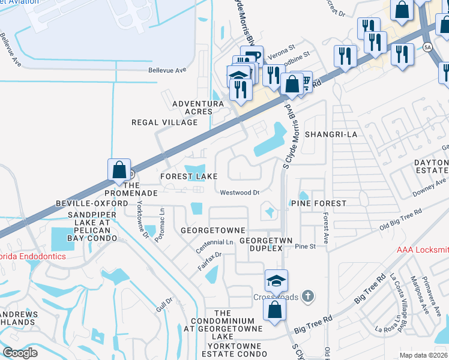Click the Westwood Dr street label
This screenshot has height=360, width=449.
point(239,193)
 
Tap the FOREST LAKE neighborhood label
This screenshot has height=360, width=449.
point(188,177)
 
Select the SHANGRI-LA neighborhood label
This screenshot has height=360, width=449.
point(331,134)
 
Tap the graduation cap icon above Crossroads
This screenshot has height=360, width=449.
point(276,281)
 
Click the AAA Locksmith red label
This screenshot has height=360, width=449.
point(423,250)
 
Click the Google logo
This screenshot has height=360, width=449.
point(20,353)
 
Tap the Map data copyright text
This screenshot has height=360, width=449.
point(423,355)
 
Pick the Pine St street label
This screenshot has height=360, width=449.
point(305,246)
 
